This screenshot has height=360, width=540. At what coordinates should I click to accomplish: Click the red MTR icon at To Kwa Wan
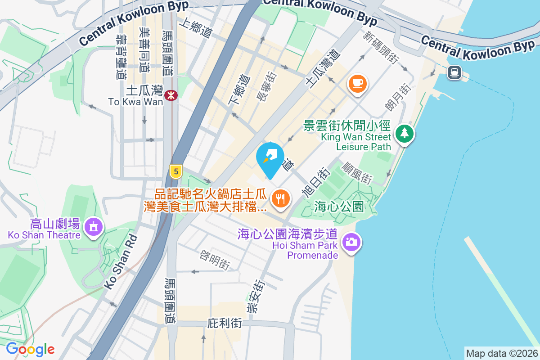click(x=171, y=95)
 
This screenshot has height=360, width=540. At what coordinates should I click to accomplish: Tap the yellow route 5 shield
click(x=175, y=171)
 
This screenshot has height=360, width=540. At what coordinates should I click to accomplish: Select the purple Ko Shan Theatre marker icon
click(x=93, y=226)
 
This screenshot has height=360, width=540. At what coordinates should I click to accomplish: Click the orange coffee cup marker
click(x=358, y=84)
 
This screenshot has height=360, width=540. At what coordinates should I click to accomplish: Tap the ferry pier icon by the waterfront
click(x=454, y=72)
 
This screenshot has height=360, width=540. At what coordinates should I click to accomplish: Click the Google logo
click(x=30, y=349)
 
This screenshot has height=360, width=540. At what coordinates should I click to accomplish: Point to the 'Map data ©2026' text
click(x=501, y=353)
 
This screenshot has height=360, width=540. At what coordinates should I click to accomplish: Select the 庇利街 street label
click(x=225, y=324)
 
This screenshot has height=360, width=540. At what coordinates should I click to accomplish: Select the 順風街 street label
click(x=357, y=173)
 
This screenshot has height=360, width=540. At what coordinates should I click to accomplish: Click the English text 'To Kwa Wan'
click(x=136, y=102)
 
